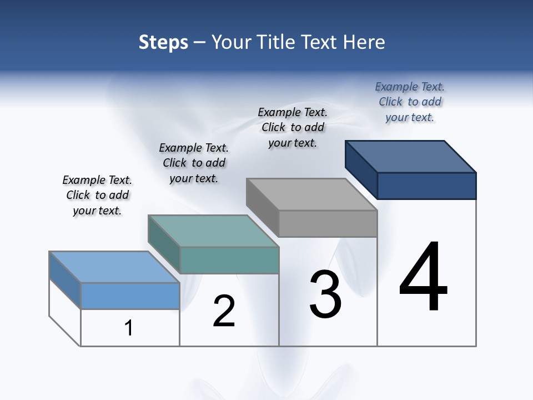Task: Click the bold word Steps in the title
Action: pyautogui.click(x=163, y=42)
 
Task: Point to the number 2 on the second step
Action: pyautogui.click(x=224, y=311)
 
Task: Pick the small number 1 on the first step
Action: pyautogui.click(x=129, y=328)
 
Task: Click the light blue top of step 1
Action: pyautogui.click(x=114, y=267)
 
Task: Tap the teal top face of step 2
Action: pyautogui.click(x=213, y=231)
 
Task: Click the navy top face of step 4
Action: pyautogui.click(x=411, y=156)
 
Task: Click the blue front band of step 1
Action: pyautogui.click(x=130, y=296)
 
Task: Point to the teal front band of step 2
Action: pyautogui.click(x=229, y=260)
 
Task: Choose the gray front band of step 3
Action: pyautogui.click(x=328, y=224)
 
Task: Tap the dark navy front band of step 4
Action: pyautogui.click(x=426, y=186)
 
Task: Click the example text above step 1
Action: pyautogui.click(x=97, y=195)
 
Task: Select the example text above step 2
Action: pyautogui.click(x=194, y=163)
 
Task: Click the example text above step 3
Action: pyautogui.click(x=293, y=127)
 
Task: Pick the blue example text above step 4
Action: pyautogui.click(x=410, y=102)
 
